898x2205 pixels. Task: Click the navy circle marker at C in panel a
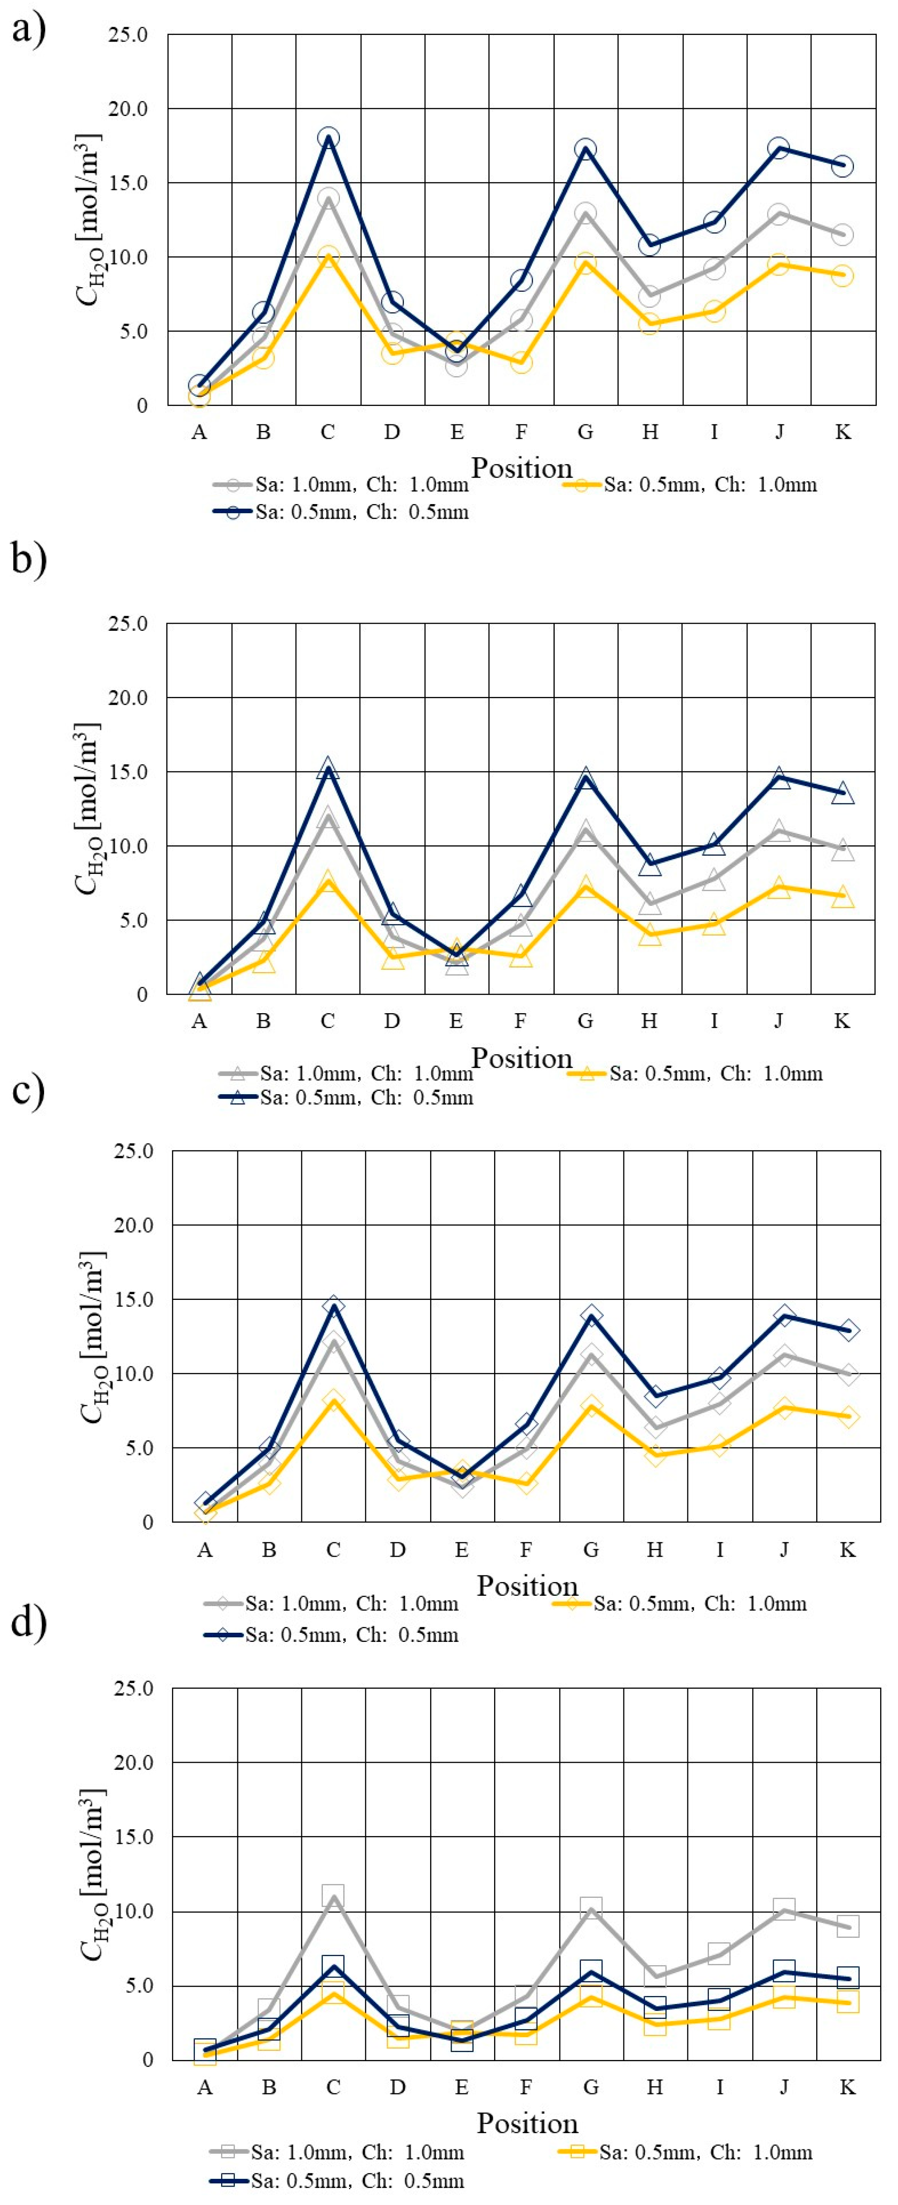pyautogui.click(x=328, y=138)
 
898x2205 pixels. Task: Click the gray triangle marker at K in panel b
pyautogui.click(x=842, y=850)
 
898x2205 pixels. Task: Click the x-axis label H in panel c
pyautogui.click(x=655, y=1549)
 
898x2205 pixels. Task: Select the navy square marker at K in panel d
pyautogui.click(x=847, y=1977)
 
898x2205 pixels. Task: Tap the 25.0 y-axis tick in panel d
pyautogui.click(x=133, y=1689)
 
